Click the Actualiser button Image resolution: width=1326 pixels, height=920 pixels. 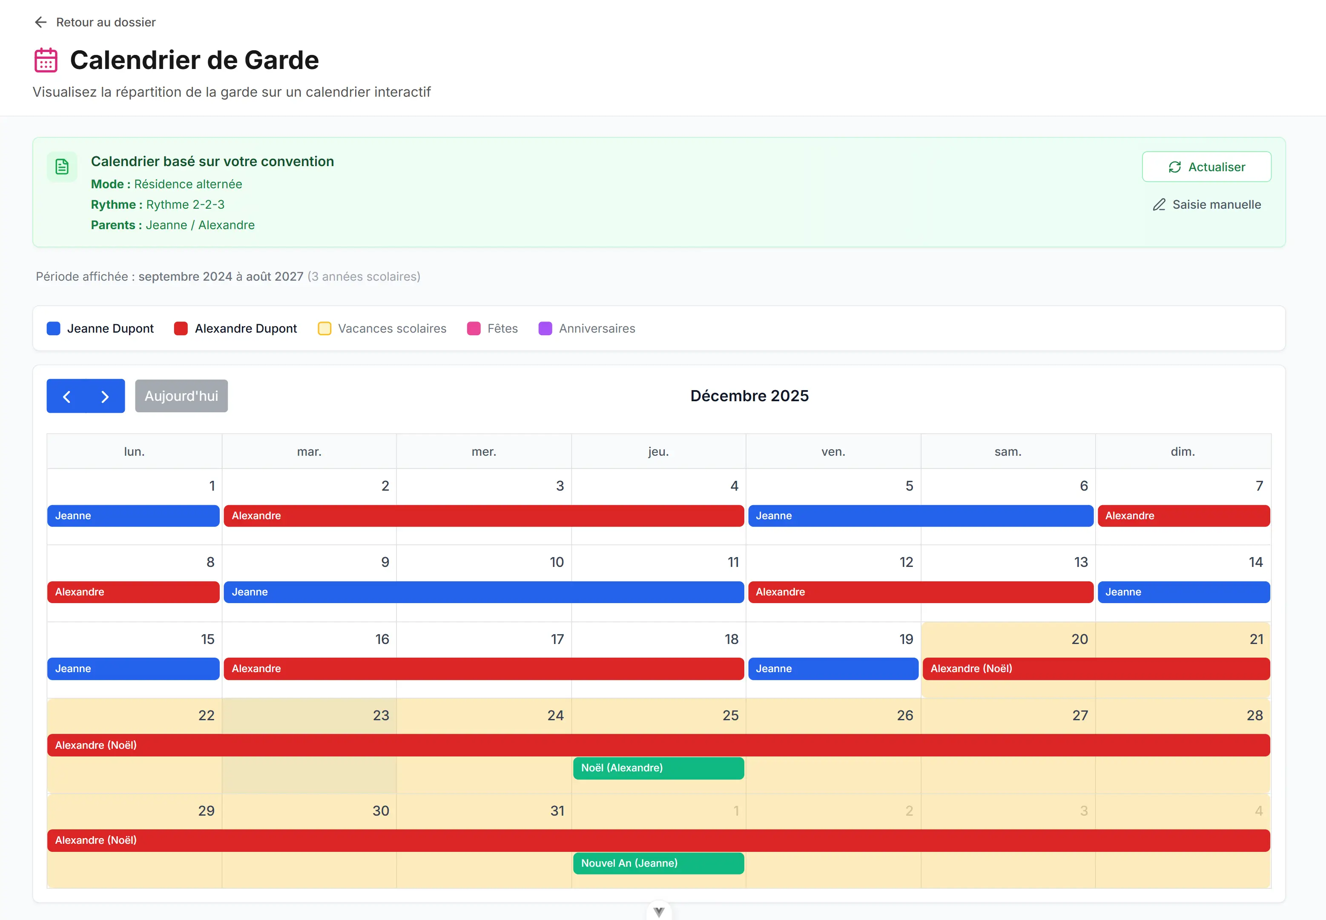(x=1206, y=167)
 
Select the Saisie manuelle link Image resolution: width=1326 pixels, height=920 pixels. (x=1207, y=204)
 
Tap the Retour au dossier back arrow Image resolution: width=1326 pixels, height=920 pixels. (x=40, y=23)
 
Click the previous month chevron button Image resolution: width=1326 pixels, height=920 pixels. (x=67, y=396)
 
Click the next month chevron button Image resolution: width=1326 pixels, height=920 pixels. (x=105, y=396)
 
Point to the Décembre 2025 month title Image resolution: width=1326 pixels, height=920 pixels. (x=749, y=396)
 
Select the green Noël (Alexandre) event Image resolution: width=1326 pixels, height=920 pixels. (x=658, y=768)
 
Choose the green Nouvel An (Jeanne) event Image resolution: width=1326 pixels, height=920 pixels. (x=658, y=863)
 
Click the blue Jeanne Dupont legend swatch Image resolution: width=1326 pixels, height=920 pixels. (x=54, y=328)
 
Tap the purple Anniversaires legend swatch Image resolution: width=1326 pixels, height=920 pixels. (x=545, y=328)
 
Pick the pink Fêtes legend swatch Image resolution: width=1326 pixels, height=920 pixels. (x=474, y=328)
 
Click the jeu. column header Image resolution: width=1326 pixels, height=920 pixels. (x=658, y=451)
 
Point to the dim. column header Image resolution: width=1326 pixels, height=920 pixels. (x=1182, y=451)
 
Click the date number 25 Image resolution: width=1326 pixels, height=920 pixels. (x=730, y=716)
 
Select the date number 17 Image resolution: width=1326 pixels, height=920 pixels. (x=557, y=639)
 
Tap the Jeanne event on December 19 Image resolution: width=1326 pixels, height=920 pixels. (x=833, y=669)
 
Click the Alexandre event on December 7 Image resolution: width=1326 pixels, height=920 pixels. (x=1183, y=516)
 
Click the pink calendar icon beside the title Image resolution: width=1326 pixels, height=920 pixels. (x=46, y=60)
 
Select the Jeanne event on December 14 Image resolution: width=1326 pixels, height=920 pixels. (x=1183, y=592)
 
